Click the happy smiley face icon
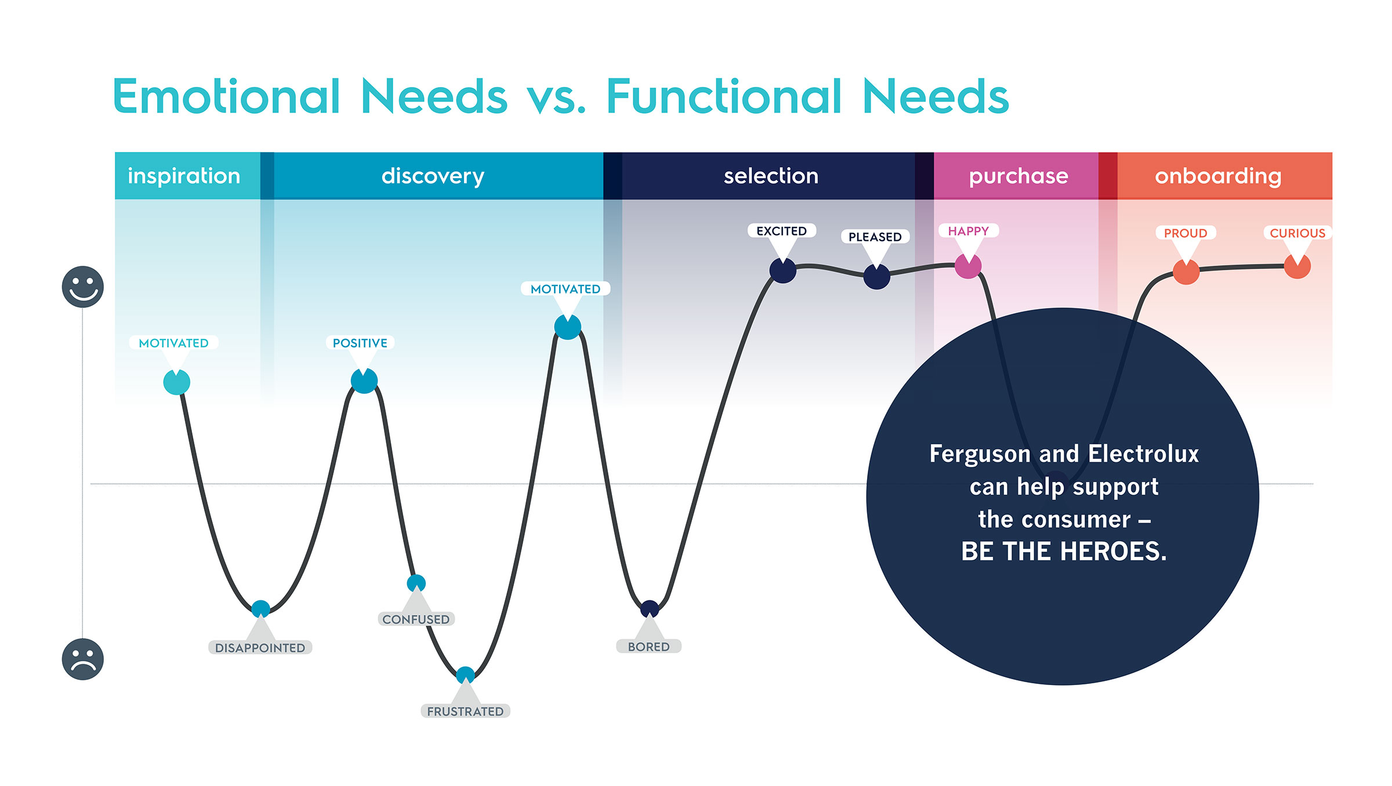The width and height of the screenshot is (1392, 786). [x=83, y=287]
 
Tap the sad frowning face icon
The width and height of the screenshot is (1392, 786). [x=83, y=659]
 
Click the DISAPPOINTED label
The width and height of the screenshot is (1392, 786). [x=260, y=647]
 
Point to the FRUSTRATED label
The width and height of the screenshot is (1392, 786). [x=465, y=711]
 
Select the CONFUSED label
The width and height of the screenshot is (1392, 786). [x=416, y=619]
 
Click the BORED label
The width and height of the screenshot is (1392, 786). [x=648, y=646]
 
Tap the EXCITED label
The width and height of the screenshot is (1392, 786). [x=781, y=231]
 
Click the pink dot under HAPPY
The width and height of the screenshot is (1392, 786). [x=968, y=266]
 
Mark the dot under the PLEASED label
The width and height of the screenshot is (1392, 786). [x=876, y=276]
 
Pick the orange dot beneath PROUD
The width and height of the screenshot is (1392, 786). [x=1186, y=271]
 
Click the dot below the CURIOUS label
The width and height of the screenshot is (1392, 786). [x=1297, y=266]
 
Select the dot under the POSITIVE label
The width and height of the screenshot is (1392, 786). [x=364, y=381]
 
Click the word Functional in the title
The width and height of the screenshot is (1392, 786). [x=724, y=96]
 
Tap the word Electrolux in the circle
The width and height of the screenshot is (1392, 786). [x=1143, y=454]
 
